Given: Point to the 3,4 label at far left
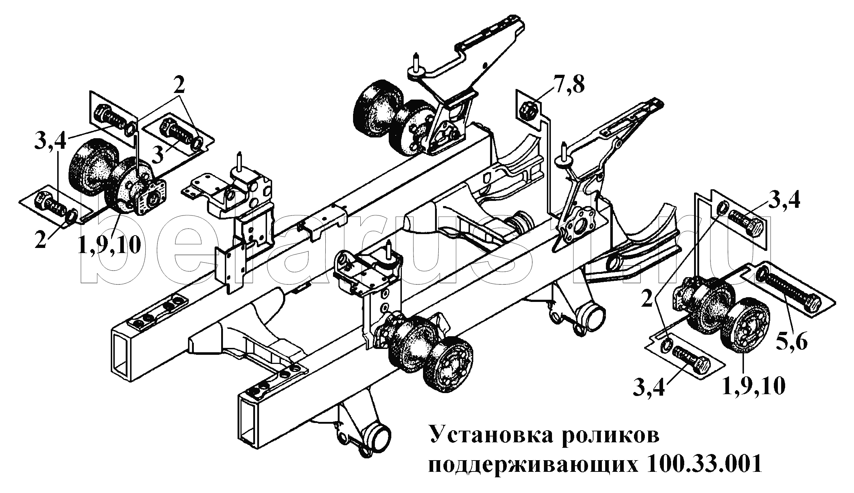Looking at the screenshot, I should click(50, 141).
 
